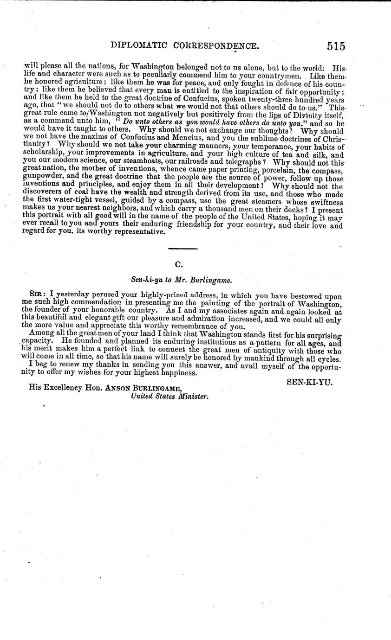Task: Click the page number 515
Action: click(x=336, y=46)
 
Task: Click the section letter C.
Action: click(x=178, y=264)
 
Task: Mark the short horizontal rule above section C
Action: click(x=182, y=249)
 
